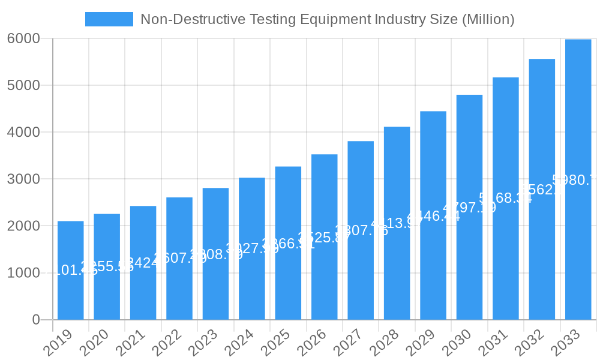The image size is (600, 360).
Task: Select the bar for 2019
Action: tap(71, 270)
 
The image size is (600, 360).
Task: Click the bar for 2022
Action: tap(179, 258)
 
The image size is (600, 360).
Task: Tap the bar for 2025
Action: tap(288, 243)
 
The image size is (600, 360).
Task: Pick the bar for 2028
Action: tap(397, 223)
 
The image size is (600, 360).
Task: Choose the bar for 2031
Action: tap(506, 198)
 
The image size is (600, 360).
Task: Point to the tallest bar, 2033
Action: tap(578, 180)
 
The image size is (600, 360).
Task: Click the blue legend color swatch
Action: tap(109, 19)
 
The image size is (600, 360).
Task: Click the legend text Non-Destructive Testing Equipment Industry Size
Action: tap(327, 19)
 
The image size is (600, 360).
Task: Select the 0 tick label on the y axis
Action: tap(36, 320)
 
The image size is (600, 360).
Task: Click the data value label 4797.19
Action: tap(469, 208)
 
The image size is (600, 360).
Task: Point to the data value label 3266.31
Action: tap(288, 244)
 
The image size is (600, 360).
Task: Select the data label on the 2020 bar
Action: tap(107, 266)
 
